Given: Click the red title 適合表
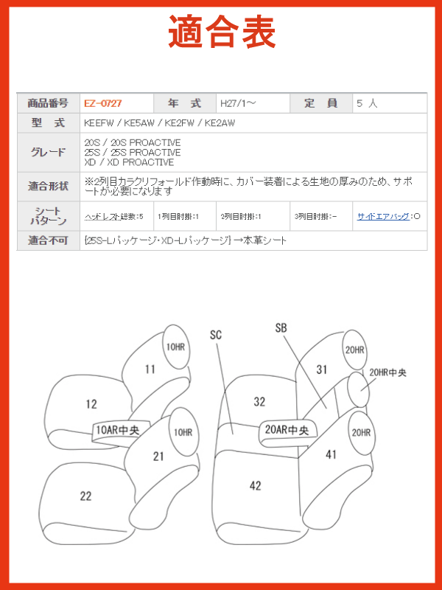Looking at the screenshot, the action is [222, 32].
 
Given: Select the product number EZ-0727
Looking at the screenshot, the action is [103, 103].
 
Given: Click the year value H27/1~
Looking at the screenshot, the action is [238, 103].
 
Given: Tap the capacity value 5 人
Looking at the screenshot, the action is [367, 103].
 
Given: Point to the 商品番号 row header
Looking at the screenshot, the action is [48, 103].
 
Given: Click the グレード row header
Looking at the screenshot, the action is [48, 153].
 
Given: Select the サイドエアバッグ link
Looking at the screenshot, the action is [383, 216].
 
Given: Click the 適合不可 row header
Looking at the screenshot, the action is [48, 240].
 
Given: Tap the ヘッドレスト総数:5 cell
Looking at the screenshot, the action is [114, 217].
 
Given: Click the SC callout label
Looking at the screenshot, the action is [216, 335].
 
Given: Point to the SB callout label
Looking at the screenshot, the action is [281, 328].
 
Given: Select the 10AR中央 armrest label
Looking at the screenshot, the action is [118, 430].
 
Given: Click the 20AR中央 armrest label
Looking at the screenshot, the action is [287, 430].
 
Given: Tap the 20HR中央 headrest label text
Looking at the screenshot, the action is [387, 373].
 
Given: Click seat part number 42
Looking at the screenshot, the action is [255, 486].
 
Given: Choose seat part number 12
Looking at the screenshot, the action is [91, 404].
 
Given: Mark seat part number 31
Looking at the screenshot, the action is [321, 369].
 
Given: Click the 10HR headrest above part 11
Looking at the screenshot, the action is [176, 347].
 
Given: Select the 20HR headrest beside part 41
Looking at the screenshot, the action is [361, 433].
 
